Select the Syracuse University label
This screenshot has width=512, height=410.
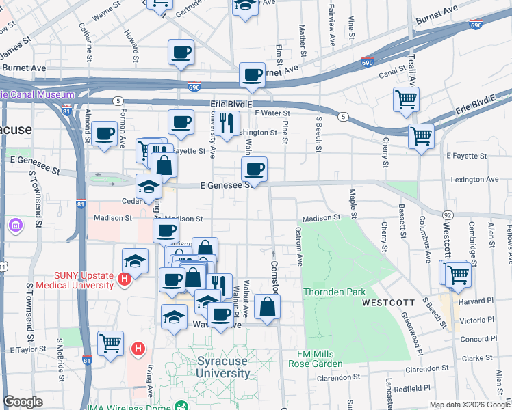point(223,367)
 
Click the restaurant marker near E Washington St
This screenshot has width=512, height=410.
point(227,122)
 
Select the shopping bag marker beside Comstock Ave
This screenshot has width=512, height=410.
point(267,306)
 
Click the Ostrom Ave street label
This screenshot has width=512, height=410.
point(299,247)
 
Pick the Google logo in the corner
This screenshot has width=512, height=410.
point(23,402)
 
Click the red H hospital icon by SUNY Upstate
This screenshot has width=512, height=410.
point(124,279)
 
